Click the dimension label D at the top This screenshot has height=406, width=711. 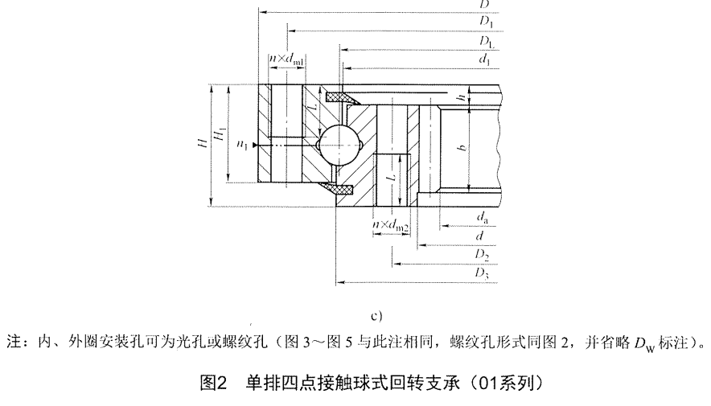pos(483,4)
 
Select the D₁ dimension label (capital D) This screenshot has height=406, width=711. pos(485,22)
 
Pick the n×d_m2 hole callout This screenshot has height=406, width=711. pos(391,227)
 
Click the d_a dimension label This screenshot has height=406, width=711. pos(480,218)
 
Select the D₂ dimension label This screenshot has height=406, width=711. pos(482,256)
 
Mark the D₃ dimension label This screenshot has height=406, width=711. pos(482,275)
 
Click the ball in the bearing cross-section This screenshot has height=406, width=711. pos(332,146)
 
